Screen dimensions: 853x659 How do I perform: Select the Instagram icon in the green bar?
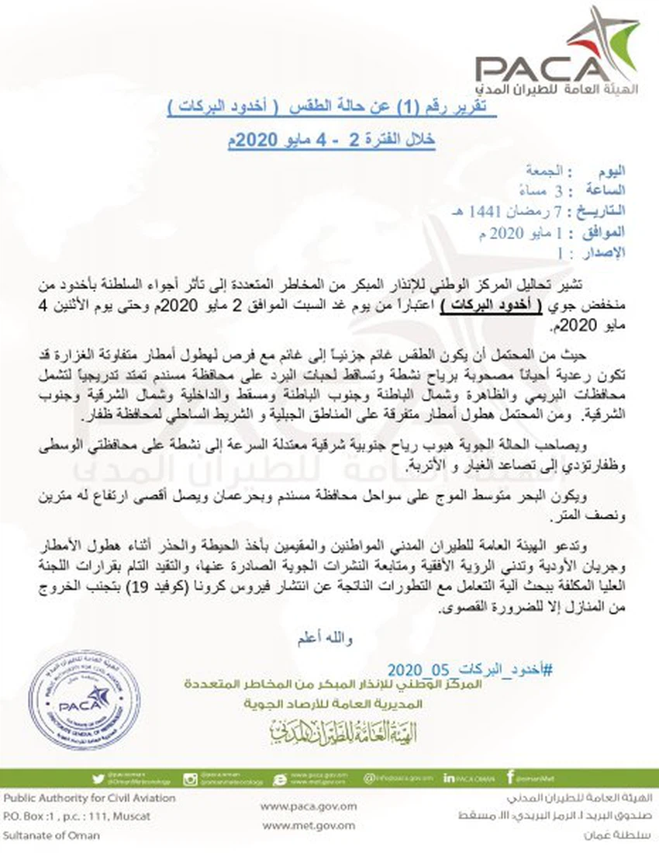(x=190, y=778)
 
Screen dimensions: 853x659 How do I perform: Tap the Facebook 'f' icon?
(x=510, y=778)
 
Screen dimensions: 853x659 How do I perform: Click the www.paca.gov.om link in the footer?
(x=309, y=806)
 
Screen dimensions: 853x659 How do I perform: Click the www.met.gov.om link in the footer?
(x=309, y=826)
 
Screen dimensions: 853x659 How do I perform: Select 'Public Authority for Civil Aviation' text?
(x=89, y=798)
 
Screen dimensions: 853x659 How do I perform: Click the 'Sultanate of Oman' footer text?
(x=46, y=836)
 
